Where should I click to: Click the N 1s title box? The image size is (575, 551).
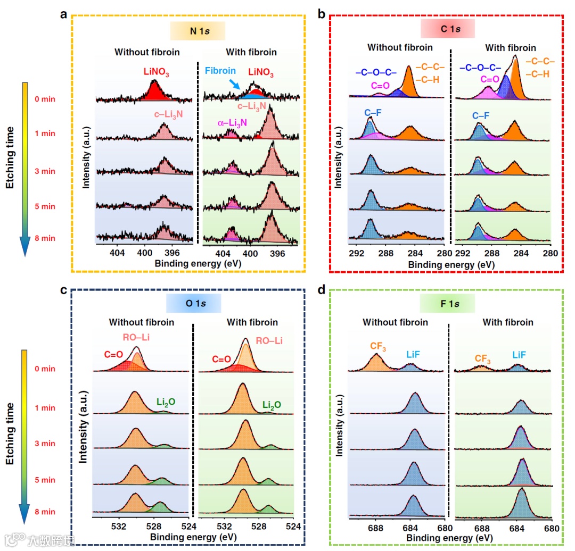(199, 32)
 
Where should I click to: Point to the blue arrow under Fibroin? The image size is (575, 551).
(234, 83)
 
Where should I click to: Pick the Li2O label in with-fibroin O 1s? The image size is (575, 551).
(272, 405)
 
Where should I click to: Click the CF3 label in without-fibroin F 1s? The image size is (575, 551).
(379, 347)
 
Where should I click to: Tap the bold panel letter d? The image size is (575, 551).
(321, 291)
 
